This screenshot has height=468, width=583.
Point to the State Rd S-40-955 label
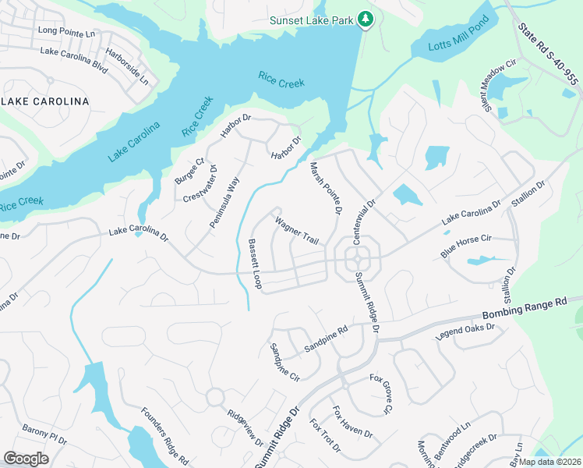coord(549,54)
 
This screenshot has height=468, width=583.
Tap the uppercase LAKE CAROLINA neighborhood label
coord(45,102)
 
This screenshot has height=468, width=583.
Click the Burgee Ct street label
coord(189,170)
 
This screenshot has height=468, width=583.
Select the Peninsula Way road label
coord(224,202)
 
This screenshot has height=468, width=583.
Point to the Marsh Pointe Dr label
coord(327,188)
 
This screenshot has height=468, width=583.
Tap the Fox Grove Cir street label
coord(381,395)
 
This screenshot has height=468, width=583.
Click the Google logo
coord(26,458)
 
